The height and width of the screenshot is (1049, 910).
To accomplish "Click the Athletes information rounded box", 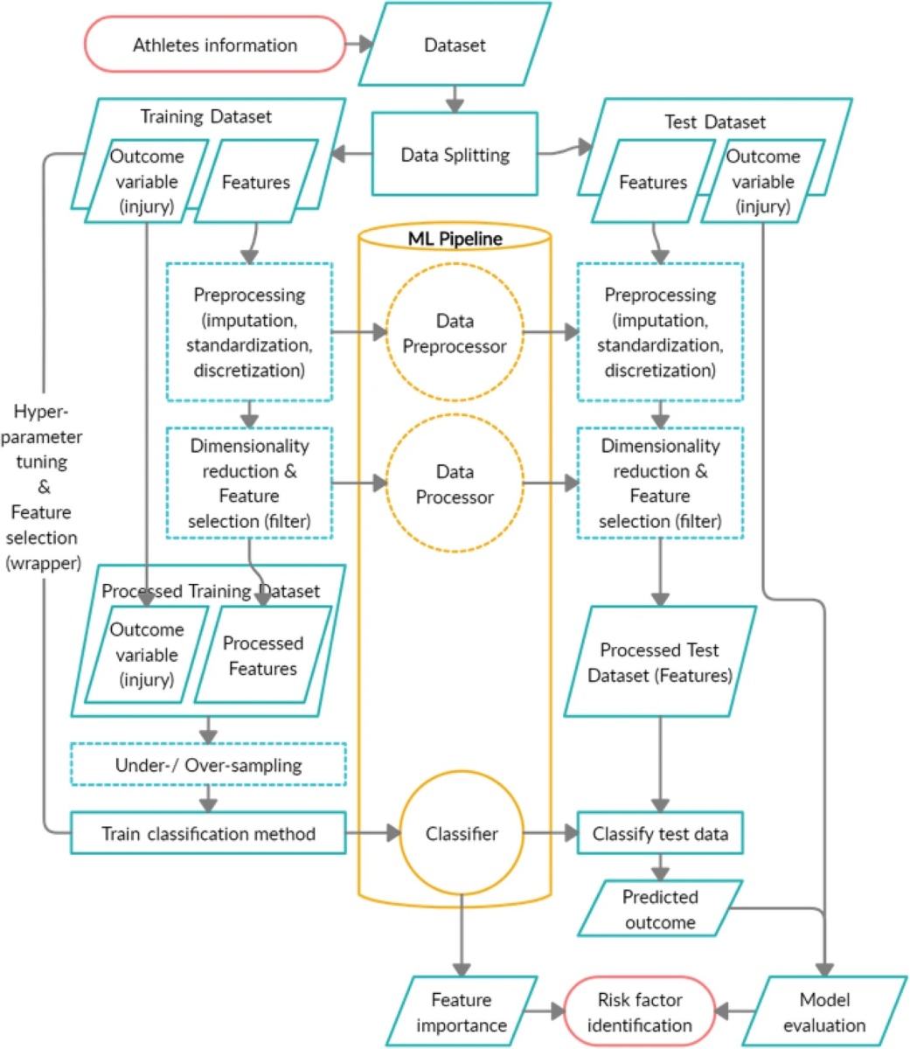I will tap(214, 45).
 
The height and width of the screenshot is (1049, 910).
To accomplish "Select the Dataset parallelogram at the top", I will tap(455, 45).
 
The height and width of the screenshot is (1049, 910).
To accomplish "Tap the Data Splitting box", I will tap(455, 155).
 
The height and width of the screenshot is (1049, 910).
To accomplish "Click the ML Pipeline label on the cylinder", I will tap(455, 239).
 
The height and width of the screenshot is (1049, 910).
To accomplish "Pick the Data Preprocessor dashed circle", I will tap(455, 333).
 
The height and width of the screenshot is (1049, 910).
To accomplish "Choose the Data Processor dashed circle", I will tap(455, 483).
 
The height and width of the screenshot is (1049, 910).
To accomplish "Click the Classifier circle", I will tap(461, 833).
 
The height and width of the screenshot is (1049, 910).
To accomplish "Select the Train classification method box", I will tap(208, 833).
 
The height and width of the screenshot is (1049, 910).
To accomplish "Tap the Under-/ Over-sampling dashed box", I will tap(208, 765).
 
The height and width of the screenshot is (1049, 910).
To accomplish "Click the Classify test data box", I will tap(660, 833).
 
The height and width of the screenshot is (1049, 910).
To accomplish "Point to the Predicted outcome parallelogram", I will tap(660, 909).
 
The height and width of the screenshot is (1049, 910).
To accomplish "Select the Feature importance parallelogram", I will tap(461, 1012).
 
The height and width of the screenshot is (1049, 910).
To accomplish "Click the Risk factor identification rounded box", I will tap(639, 1012).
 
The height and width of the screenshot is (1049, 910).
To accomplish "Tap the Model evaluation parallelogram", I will tap(823, 1012).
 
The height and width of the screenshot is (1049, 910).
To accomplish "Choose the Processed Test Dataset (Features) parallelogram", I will tap(660, 663).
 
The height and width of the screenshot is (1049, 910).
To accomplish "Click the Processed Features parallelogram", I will tap(262, 656).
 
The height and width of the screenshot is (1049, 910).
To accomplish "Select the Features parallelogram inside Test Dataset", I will tap(653, 182).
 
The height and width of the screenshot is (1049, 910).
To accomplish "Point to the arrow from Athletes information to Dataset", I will tap(359, 45).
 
